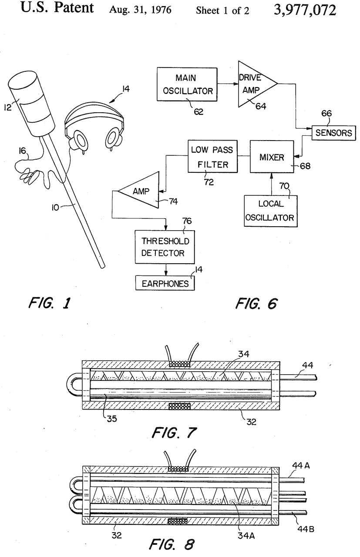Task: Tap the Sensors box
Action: [334, 133]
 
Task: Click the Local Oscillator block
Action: [270, 211]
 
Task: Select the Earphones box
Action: [165, 283]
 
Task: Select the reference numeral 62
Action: [198, 112]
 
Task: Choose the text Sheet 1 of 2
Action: [222, 11]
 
